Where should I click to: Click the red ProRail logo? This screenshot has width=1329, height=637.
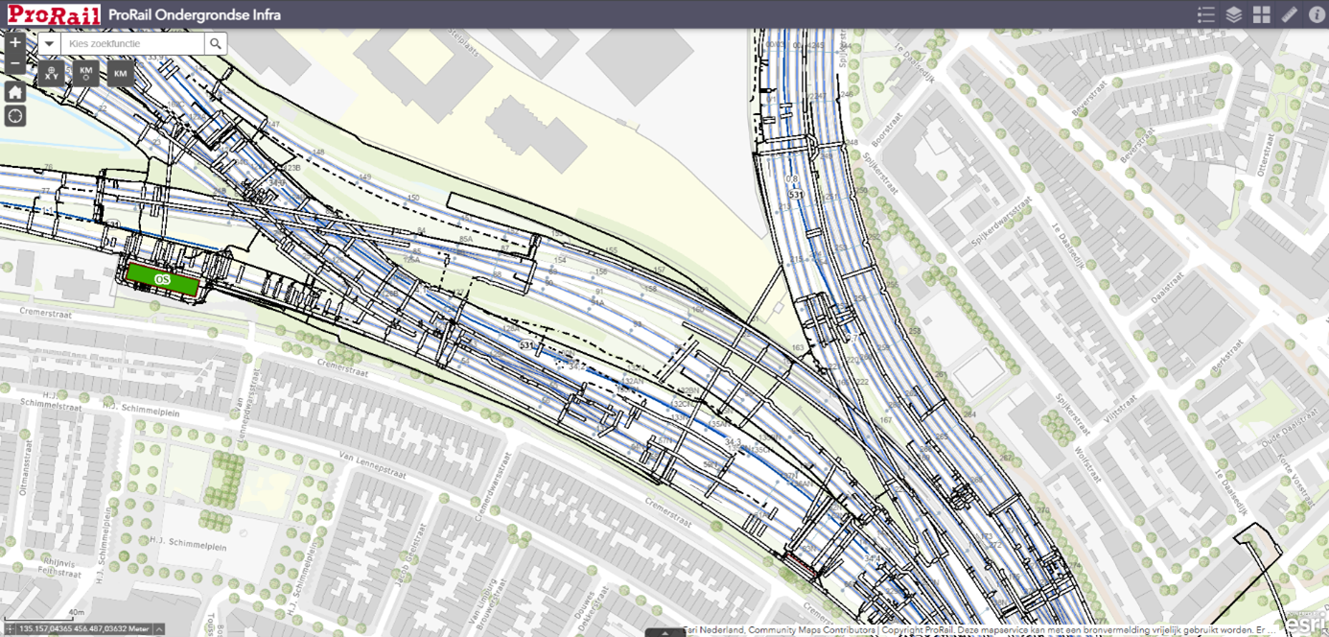pyautogui.click(x=55, y=14)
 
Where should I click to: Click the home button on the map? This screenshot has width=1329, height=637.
pyautogui.click(x=14, y=92)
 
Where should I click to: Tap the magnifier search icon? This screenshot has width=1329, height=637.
pyautogui.click(x=216, y=43)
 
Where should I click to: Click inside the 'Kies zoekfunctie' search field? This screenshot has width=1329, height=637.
pyautogui.click(x=132, y=43)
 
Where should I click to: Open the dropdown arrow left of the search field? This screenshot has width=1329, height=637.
pyautogui.click(x=50, y=43)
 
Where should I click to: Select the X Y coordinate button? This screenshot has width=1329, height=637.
pyautogui.click(x=52, y=73)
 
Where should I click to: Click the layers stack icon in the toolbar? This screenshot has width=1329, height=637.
pyautogui.click(x=1234, y=14)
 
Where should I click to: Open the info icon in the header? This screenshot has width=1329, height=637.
pyautogui.click(x=1317, y=14)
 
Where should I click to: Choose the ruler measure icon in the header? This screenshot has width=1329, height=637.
pyautogui.click(x=1289, y=14)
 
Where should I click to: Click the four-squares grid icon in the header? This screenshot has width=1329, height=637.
pyautogui.click(x=1261, y=14)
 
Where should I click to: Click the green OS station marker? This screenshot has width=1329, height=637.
pyautogui.click(x=163, y=280)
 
